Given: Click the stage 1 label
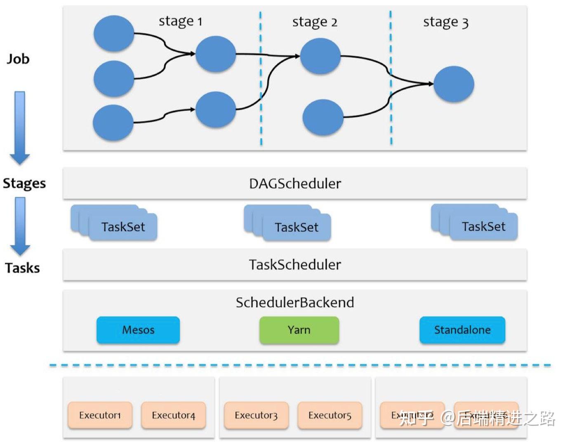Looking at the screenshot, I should [x=180, y=21].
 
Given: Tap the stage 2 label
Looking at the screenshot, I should [x=314, y=22].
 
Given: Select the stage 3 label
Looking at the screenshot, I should [x=445, y=22].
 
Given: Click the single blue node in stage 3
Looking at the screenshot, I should [x=453, y=84].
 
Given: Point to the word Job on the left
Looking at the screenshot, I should [x=18, y=59].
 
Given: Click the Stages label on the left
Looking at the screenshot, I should [x=24, y=183].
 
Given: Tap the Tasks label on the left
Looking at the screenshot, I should [x=22, y=268].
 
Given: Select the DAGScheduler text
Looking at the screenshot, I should [x=295, y=183].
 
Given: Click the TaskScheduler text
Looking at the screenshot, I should [x=295, y=265].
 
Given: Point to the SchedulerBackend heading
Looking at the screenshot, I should [x=295, y=303].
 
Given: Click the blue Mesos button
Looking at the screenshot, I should [x=138, y=330].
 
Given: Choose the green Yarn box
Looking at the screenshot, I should [x=299, y=330].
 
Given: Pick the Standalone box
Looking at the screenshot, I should [x=462, y=330].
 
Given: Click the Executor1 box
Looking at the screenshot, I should [x=100, y=415].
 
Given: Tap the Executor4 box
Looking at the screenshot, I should [x=173, y=415].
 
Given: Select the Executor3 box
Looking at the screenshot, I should [x=256, y=415].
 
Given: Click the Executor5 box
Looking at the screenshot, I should [x=330, y=415].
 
